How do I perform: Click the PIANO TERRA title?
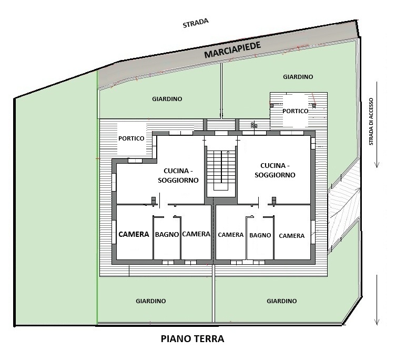(x=192, y=339)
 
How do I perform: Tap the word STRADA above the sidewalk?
(x=196, y=23)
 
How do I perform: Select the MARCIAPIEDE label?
(x=232, y=50)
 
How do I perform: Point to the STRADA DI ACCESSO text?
(x=371, y=122)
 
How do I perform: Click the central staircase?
(x=221, y=170)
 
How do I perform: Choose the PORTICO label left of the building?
(x=131, y=138)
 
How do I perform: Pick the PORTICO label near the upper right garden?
(x=295, y=111)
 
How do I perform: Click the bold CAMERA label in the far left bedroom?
(x=134, y=234)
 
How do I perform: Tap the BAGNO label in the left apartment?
(x=167, y=234)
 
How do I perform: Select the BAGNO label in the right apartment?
(x=260, y=235)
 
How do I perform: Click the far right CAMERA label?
(x=291, y=236)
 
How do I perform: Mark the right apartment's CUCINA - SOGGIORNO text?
(x=275, y=170)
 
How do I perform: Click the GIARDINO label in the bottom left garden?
(x=151, y=301)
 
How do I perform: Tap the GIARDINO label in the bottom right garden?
(x=282, y=301)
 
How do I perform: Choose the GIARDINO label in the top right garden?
(x=298, y=77)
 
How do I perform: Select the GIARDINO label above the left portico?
(x=167, y=99)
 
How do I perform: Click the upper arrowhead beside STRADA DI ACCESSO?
(x=377, y=165)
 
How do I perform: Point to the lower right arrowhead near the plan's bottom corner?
(x=377, y=322)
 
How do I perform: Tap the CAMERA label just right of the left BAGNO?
(x=196, y=234)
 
